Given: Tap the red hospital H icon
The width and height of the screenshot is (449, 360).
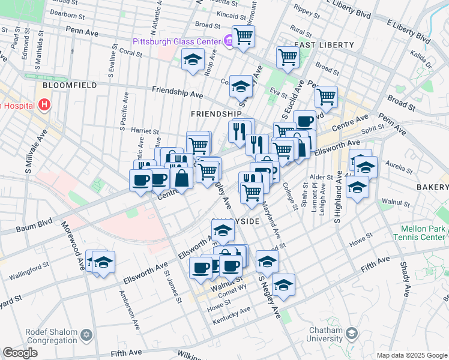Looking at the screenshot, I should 44,106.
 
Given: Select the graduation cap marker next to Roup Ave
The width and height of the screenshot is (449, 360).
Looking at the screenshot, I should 193,59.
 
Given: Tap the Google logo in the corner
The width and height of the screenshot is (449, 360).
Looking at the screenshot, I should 20,352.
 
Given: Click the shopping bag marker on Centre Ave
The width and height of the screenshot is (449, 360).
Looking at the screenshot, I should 181,178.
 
